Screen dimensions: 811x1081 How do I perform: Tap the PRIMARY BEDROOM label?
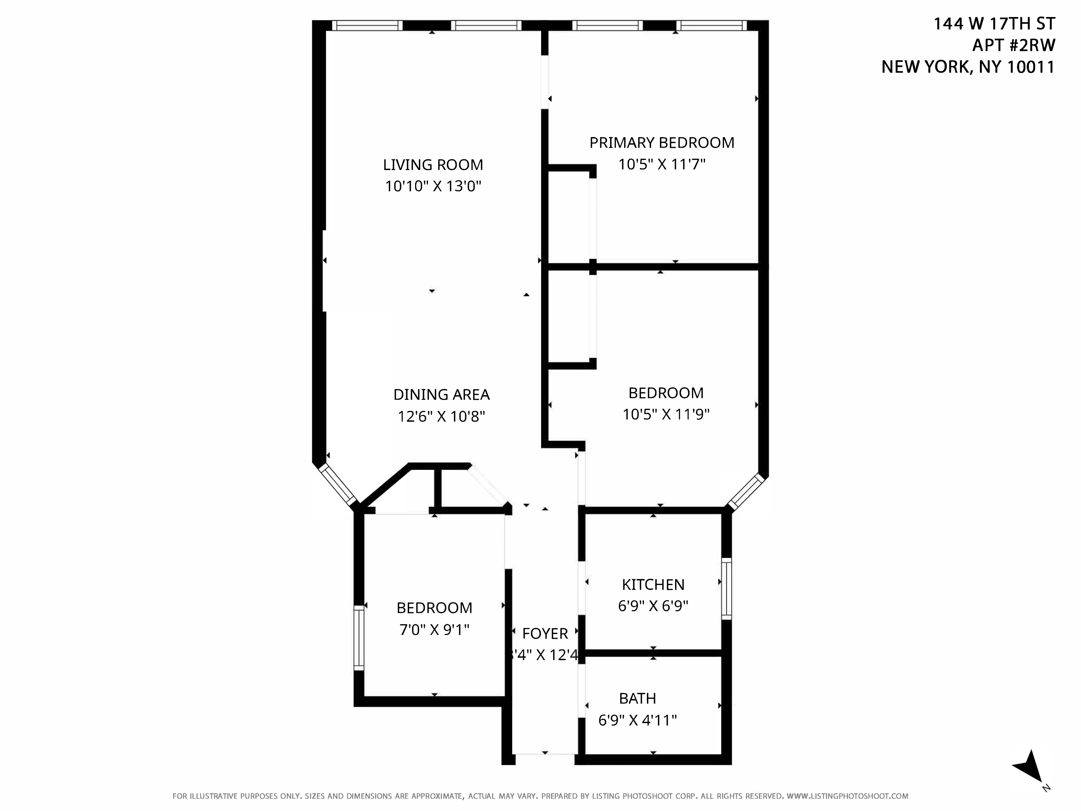[x=662, y=143]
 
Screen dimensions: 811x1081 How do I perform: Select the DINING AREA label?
[x=441, y=394]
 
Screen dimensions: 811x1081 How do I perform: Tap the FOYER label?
[x=545, y=634]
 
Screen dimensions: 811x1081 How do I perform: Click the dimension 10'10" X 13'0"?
[x=433, y=186]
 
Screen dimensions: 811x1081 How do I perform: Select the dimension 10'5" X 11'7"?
[x=662, y=164]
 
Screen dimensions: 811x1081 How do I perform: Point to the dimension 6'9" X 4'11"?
[x=637, y=720]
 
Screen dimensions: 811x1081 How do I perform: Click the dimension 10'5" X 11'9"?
[x=666, y=414]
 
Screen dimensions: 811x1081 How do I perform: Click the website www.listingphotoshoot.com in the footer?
[x=848, y=796]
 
